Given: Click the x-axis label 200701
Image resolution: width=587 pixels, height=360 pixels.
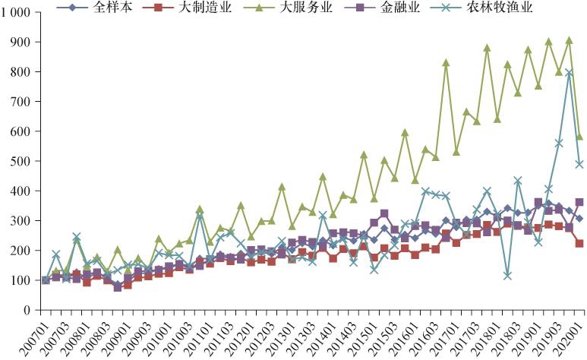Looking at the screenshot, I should (x=35, y=336).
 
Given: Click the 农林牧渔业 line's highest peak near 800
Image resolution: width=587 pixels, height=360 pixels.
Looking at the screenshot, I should (x=569, y=73).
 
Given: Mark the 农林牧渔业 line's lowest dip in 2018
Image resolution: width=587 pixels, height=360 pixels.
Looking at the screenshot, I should (x=507, y=275).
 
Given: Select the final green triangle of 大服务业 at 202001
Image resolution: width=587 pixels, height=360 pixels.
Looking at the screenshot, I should (x=580, y=137).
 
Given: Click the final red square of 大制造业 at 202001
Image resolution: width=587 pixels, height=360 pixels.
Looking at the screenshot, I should (x=580, y=244).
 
